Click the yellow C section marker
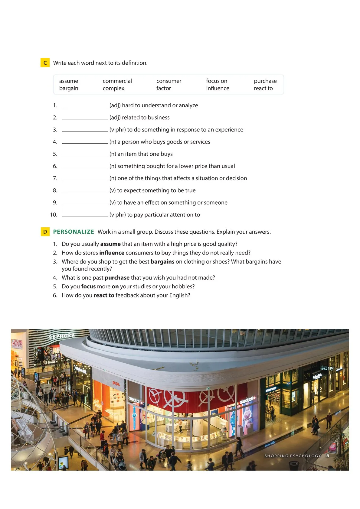[x=45, y=63]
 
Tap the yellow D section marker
[x=45, y=232]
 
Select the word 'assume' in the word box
[x=69, y=81]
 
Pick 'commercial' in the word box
[x=117, y=81]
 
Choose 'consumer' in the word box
[x=169, y=81]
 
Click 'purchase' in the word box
[x=265, y=81]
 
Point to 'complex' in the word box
[x=113, y=88]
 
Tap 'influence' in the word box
[x=218, y=88]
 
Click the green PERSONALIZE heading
[x=74, y=232]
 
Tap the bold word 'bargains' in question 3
[x=162, y=262]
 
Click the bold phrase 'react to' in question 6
[x=104, y=295]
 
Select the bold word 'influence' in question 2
[x=112, y=253]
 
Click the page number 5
[x=328, y=456]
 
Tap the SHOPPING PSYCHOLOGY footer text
[x=293, y=456]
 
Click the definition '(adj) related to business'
[x=139, y=118]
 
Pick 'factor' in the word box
[x=164, y=88]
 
